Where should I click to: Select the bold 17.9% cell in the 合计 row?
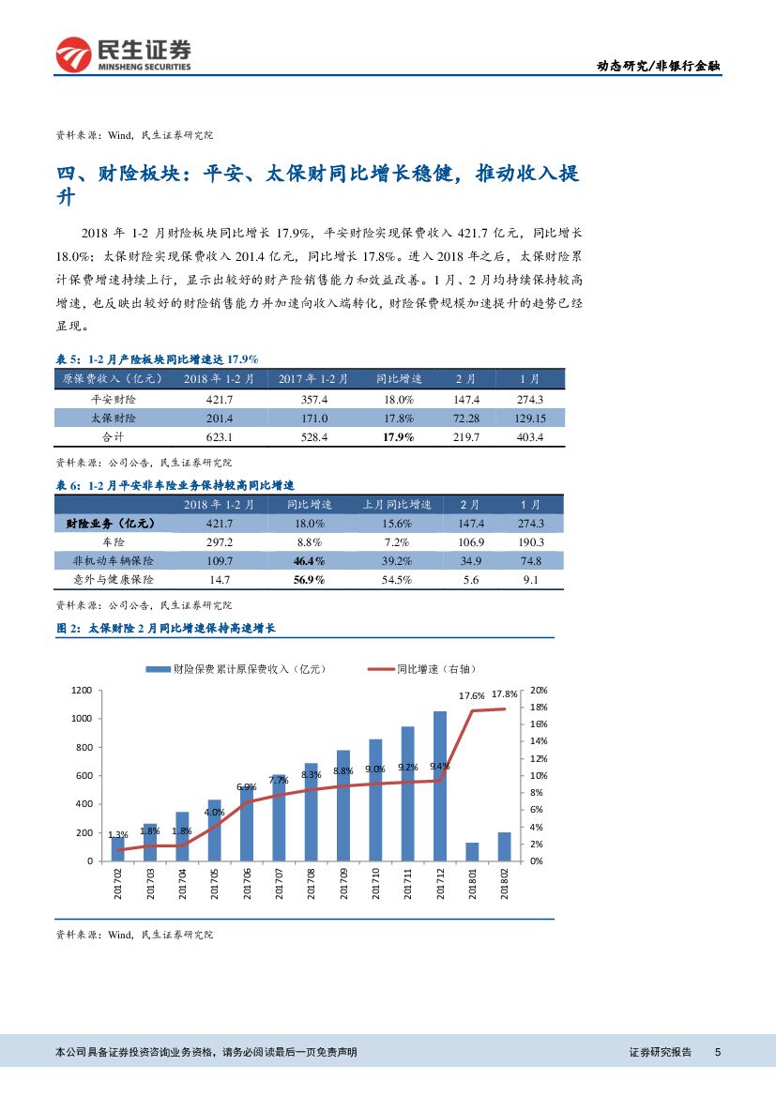point(398,438)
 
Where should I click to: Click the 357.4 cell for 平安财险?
point(313,399)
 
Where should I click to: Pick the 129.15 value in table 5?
point(530,419)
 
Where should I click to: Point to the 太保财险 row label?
point(113,419)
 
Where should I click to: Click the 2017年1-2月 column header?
point(313,379)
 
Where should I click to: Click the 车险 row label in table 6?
point(113,542)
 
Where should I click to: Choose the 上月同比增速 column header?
point(397,505)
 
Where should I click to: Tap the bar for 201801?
point(472,851)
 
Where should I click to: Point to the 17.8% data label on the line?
point(504,694)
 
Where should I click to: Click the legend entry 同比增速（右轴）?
point(422,669)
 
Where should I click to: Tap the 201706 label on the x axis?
point(247,883)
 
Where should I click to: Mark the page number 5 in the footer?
point(717,1053)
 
